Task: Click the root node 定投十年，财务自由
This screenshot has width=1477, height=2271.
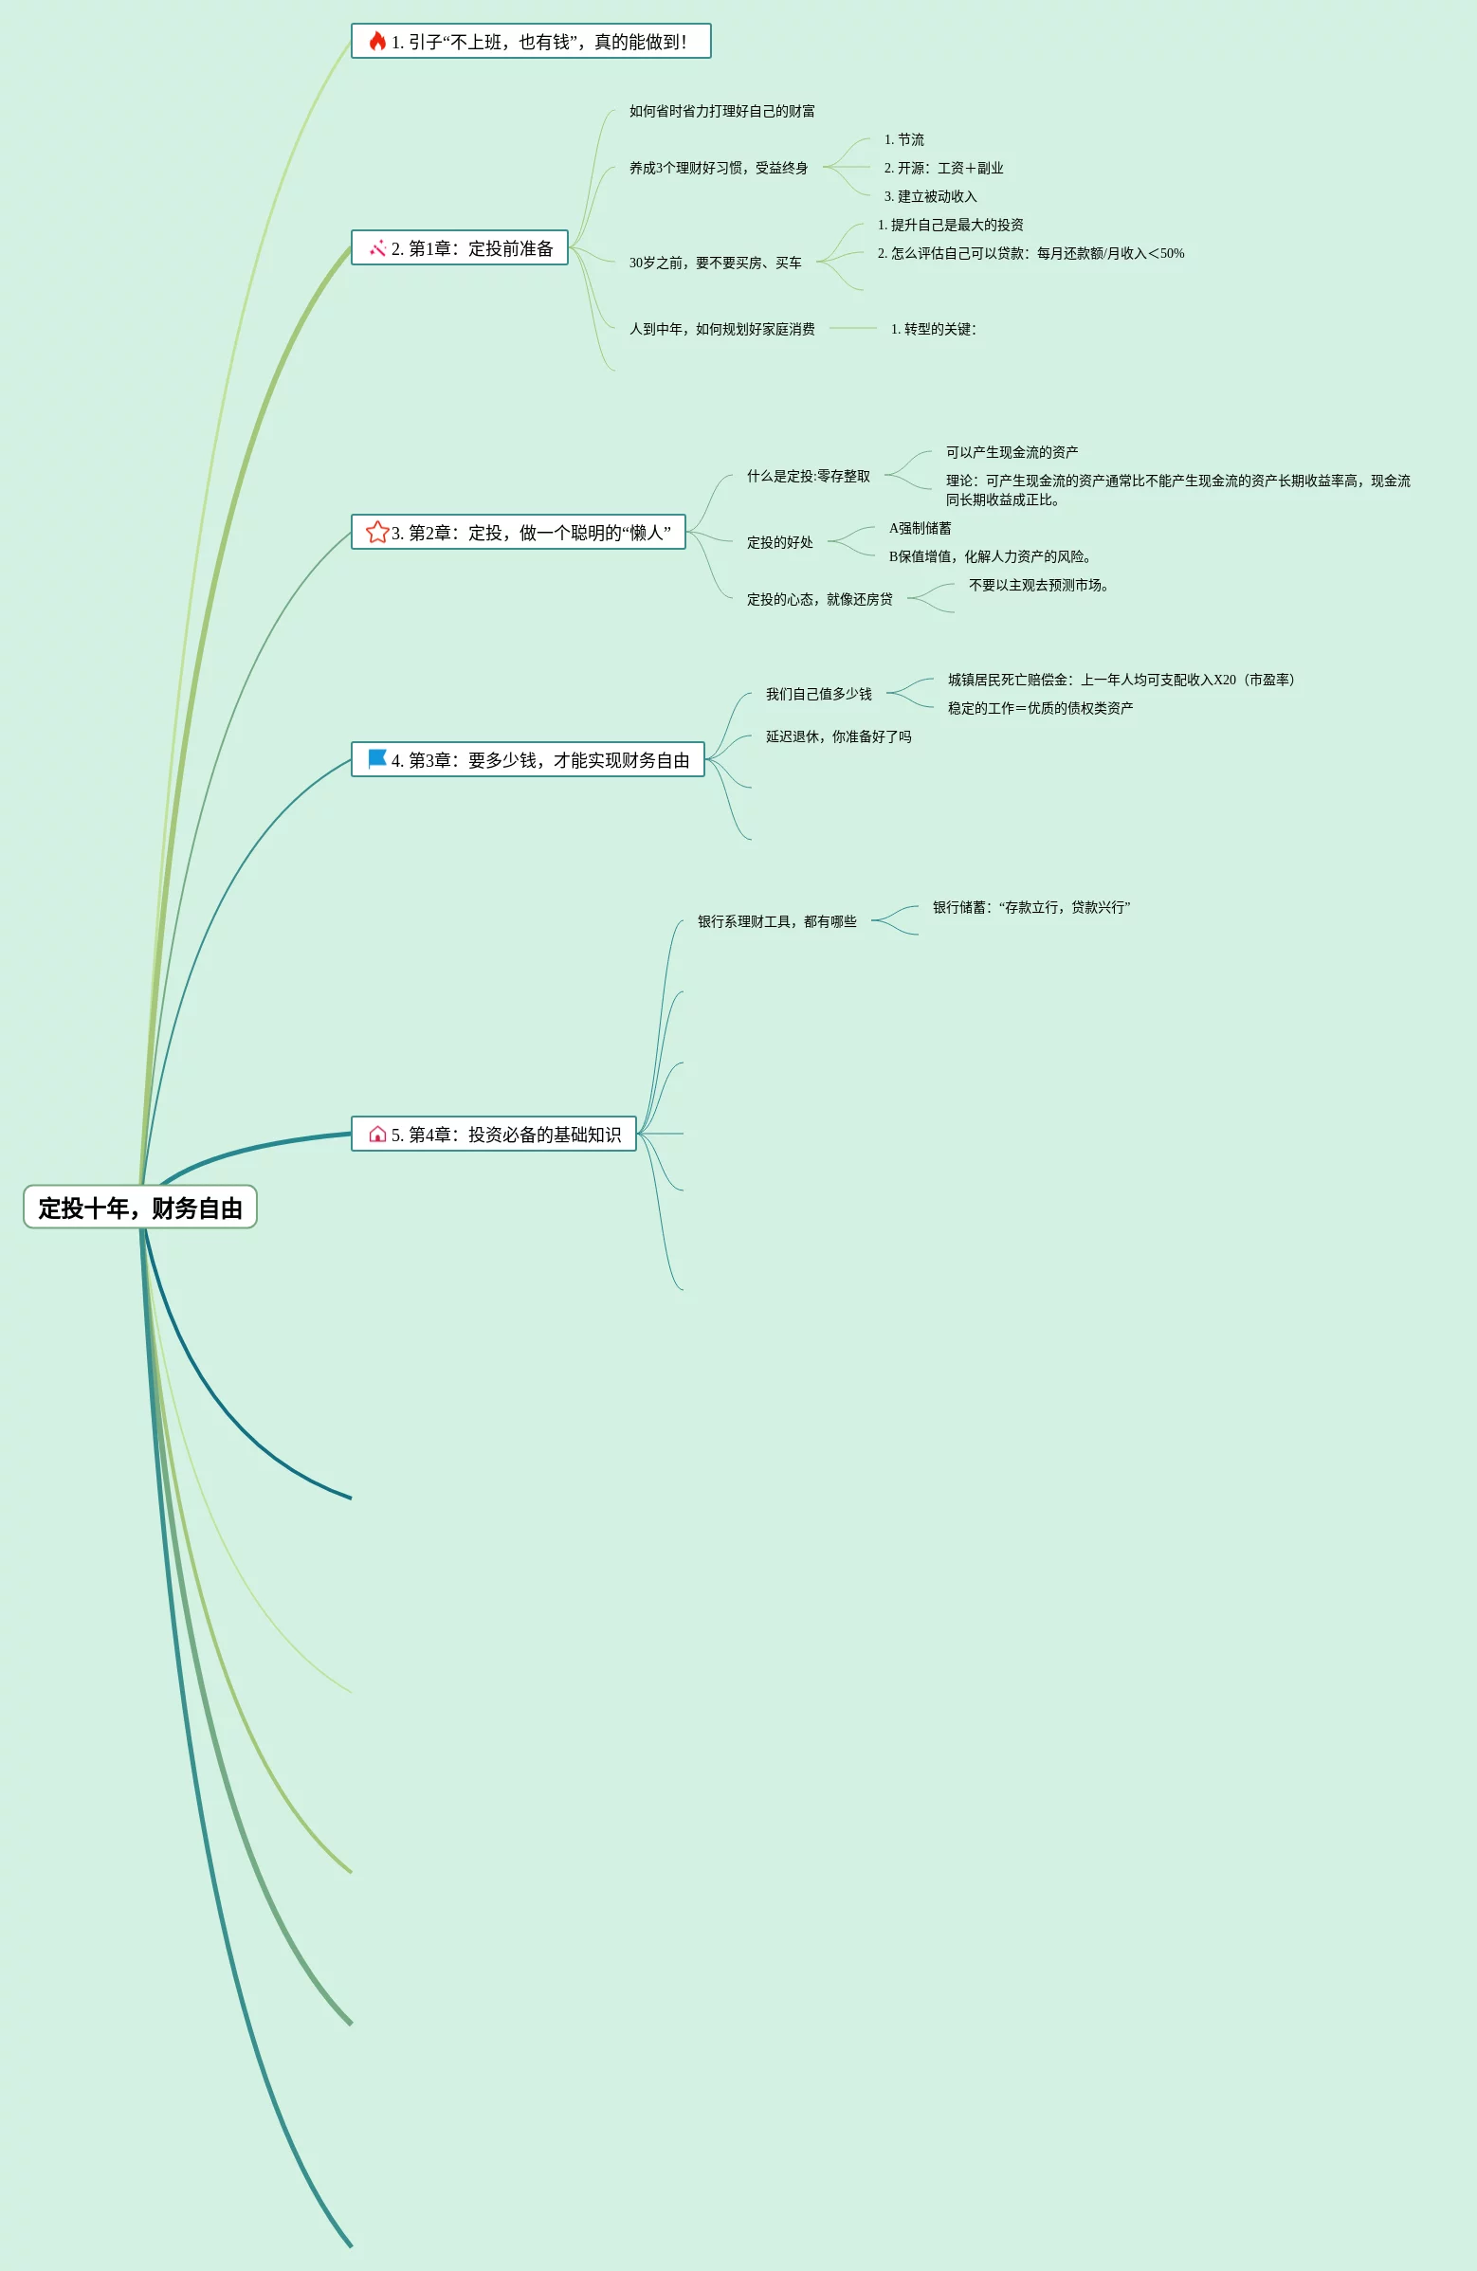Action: click(x=140, y=1208)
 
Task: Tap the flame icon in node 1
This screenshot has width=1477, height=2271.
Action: click(x=378, y=41)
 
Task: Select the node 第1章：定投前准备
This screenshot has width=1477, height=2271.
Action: click(x=460, y=248)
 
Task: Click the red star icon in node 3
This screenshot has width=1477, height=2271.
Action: click(x=377, y=532)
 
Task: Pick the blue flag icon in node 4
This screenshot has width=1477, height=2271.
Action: click(x=378, y=758)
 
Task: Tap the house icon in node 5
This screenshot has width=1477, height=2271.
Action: click(x=378, y=1134)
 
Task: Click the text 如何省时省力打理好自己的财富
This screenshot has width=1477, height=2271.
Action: click(x=721, y=112)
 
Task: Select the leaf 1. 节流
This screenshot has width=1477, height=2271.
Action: click(x=903, y=140)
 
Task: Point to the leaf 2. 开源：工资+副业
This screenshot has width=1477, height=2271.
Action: click(x=942, y=169)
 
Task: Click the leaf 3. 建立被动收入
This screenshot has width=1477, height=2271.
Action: click(x=930, y=196)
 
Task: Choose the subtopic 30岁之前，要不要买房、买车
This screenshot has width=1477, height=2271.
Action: click(x=715, y=263)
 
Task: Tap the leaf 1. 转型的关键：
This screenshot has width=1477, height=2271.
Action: click(x=933, y=329)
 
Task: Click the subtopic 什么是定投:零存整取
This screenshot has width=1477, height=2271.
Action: click(x=808, y=476)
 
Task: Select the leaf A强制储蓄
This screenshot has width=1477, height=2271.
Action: click(x=920, y=529)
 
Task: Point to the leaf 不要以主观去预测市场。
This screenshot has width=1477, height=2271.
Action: click(x=1038, y=586)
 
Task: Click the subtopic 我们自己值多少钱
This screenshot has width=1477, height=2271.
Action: click(x=819, y=695)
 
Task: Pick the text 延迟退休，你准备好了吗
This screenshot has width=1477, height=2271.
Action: click(x=838, y=736)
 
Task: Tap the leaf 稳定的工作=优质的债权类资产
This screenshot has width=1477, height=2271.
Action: click(x=1040, y=708)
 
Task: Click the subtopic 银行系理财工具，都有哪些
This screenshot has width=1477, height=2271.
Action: click(x=776, y=921)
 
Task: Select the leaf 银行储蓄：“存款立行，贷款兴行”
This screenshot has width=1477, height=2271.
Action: click(x=1030, y=907)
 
